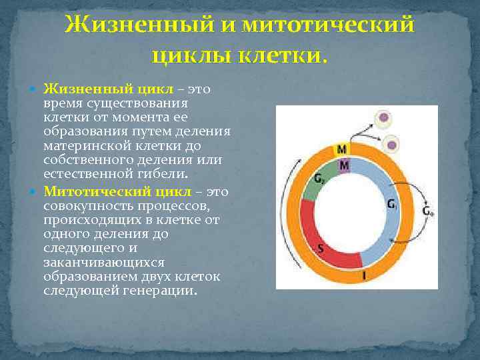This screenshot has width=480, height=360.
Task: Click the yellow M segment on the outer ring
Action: coord(341,149)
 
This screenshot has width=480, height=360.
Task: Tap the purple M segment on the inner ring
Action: coord(344,164)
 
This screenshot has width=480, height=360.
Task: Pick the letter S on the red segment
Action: coord(321,249)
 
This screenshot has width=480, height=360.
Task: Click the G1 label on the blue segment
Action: coord(393,205)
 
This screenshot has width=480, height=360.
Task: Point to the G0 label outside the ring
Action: coord(428,211)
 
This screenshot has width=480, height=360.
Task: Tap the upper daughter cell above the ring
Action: coord(383,120)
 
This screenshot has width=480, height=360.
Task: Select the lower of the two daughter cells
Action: coord(393,144)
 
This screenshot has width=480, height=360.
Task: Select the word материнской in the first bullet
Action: coord(81,145)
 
